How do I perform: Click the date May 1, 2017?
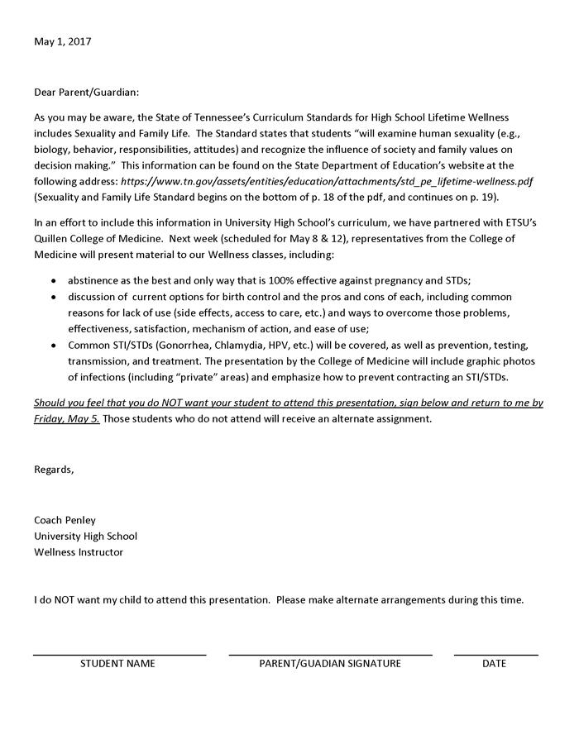63,41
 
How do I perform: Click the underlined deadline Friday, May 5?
67,418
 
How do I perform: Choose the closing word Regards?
54,470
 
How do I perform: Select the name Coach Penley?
65,520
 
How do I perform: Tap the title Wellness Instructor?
79,552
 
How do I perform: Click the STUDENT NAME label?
117,663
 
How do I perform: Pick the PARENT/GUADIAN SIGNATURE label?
330,663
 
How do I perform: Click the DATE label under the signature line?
495,663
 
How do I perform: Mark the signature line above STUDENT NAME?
119,655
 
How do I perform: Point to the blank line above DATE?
495,655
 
